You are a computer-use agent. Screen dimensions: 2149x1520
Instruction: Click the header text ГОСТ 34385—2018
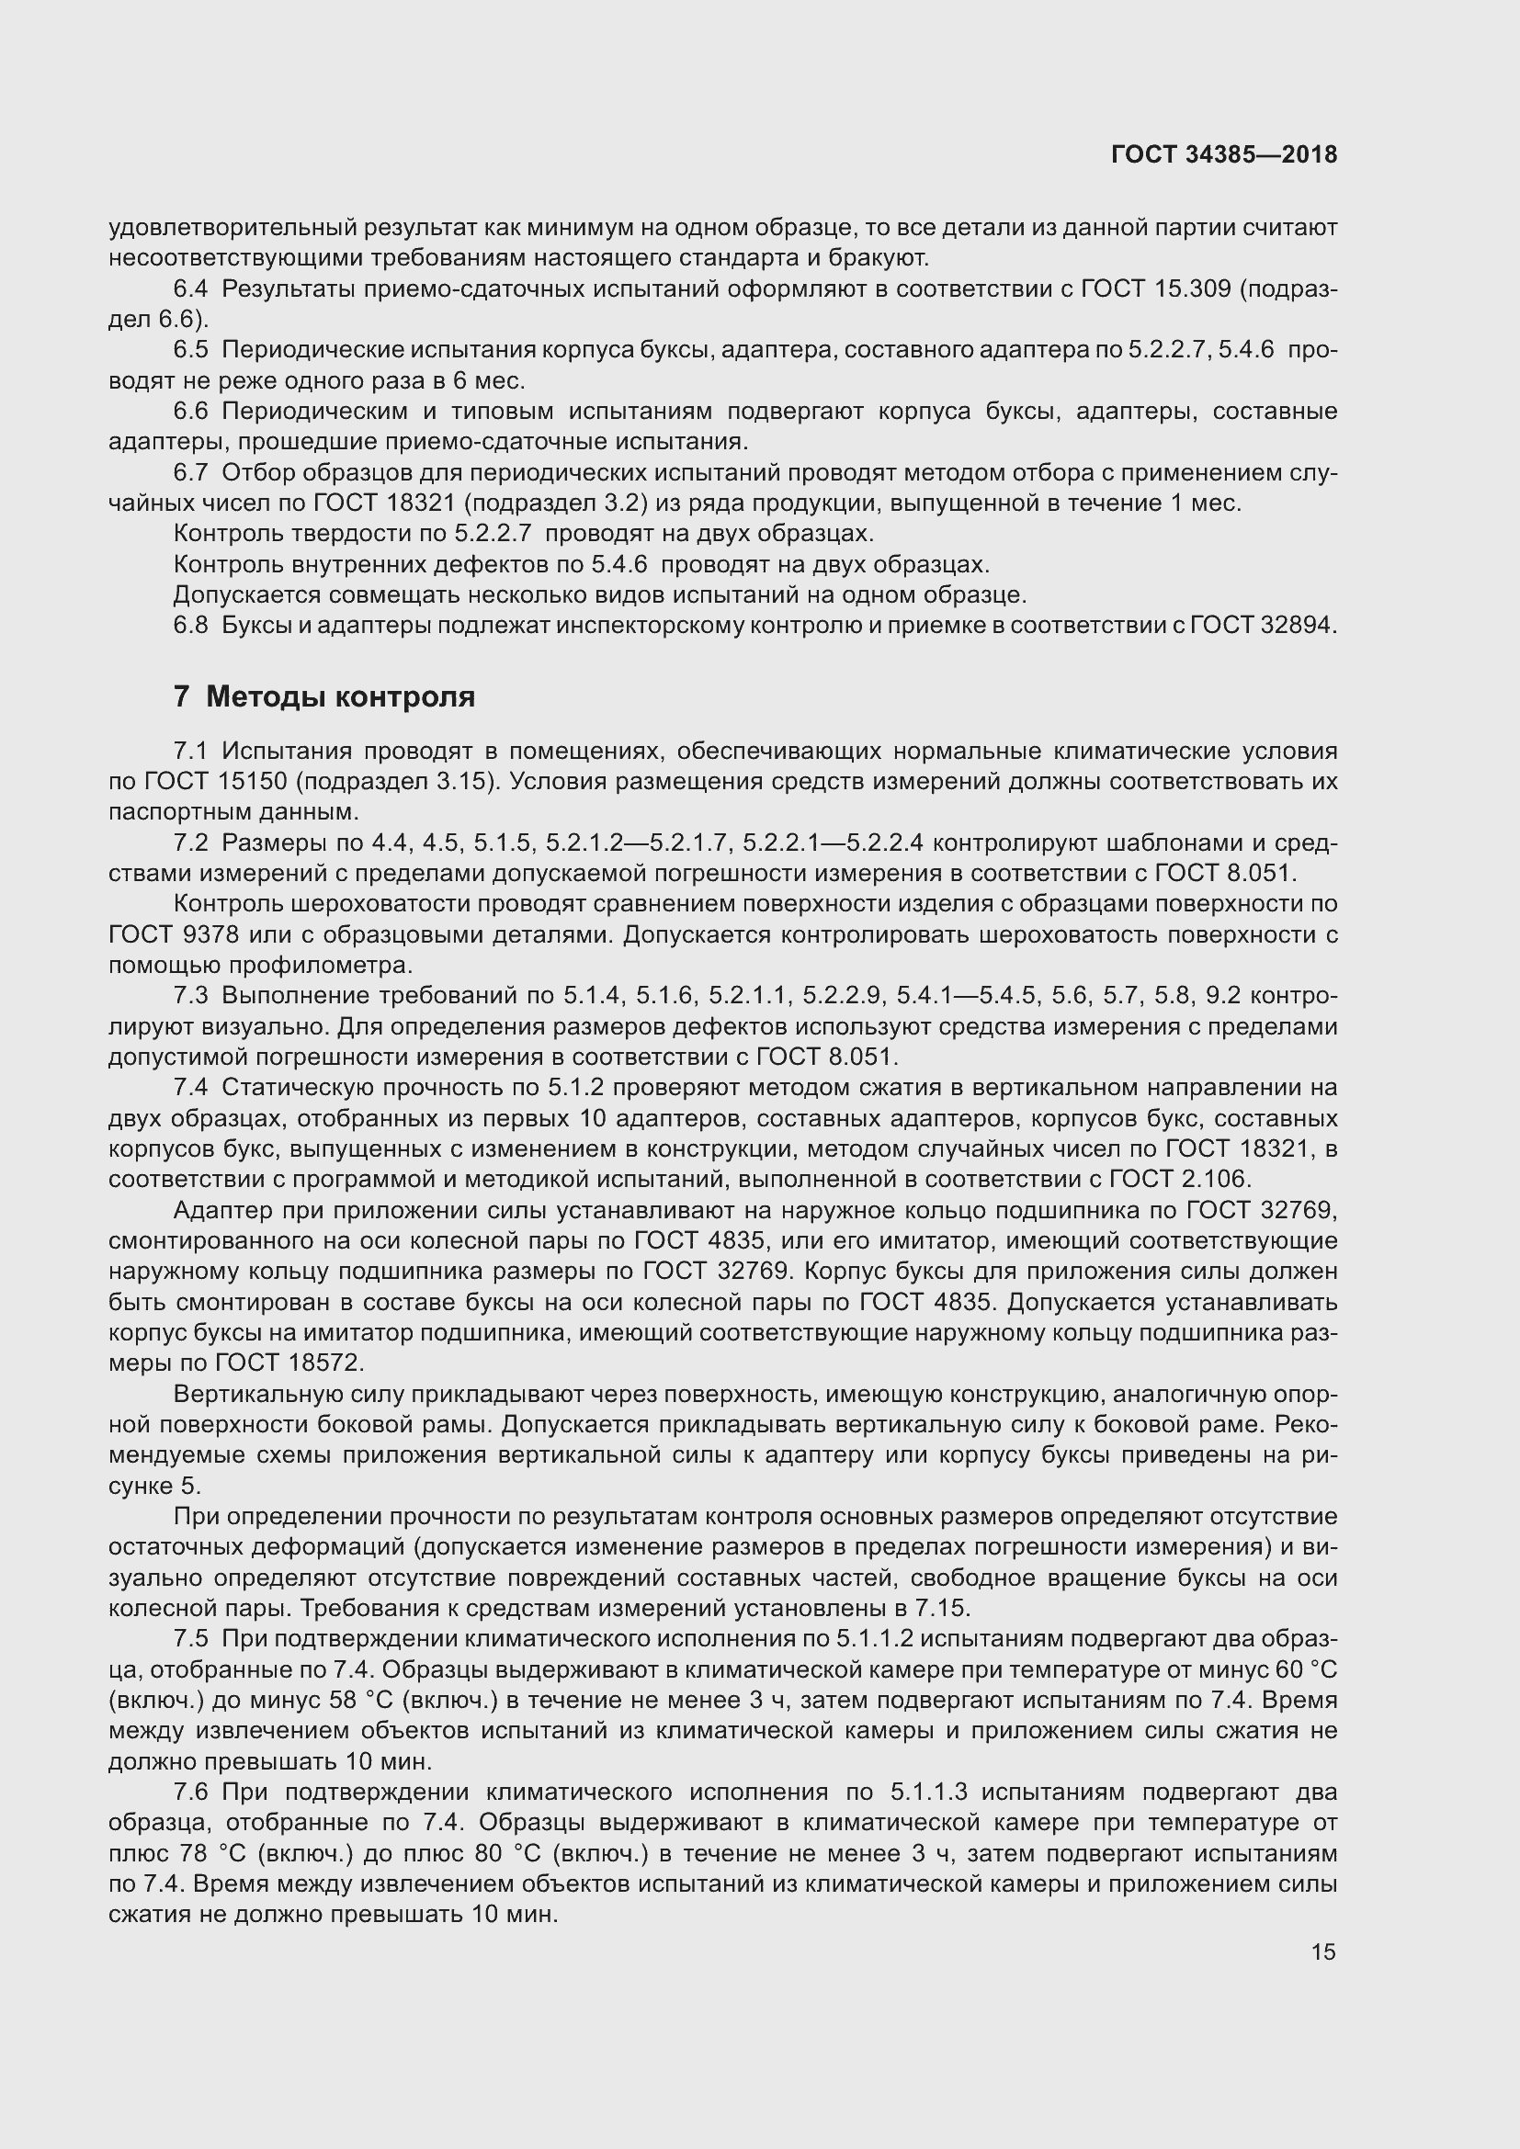click(1223, 154)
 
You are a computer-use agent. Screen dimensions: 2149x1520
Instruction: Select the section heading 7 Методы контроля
click(323, 696)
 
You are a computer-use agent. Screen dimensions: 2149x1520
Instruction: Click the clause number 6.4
click(190, 289)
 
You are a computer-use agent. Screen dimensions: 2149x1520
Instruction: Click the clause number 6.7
click(190, 473)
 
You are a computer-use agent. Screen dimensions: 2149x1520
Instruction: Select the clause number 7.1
click(190, 752)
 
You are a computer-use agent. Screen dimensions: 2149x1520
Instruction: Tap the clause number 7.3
click(190, 996)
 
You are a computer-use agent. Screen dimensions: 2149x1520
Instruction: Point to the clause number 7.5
click(190, 1639)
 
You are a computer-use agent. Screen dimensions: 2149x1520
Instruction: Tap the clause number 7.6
click(190, 1792)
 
